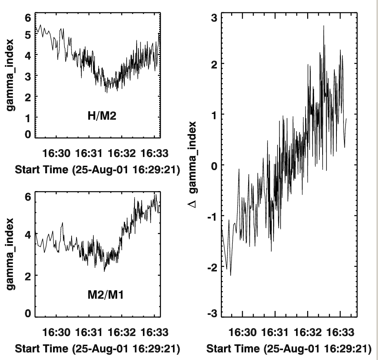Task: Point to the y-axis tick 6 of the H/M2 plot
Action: (x=28, y=18)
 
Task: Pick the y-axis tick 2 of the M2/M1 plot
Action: (x=28, y=276)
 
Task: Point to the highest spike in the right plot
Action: (x=324, y=26)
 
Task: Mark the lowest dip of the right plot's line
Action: (x=230, y=275)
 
